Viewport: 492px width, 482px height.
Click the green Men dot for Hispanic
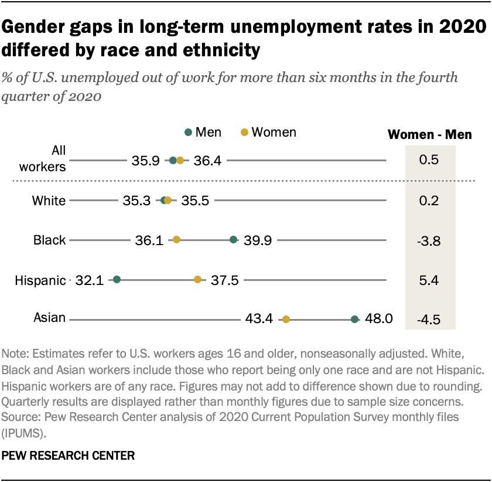[x=117, y=280]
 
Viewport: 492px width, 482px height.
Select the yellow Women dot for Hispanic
[x=197, y=280]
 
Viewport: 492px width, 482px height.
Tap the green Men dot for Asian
[x=354, y=320]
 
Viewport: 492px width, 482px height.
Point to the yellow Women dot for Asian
[x=286, y=320]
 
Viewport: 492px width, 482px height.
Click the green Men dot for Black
[x=233, y=240]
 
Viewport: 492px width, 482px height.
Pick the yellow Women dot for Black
[x=176, y=240]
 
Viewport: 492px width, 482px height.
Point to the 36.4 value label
[x=207, y=160]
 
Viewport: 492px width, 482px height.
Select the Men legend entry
[x=203, y=133]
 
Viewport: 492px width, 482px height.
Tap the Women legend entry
[x=269, y=133]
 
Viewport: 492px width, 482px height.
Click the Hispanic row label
[x=39, y=280]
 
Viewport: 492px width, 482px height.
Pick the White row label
[x=49, y=200]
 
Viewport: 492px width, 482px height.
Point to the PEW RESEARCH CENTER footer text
[x=69, y=455]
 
